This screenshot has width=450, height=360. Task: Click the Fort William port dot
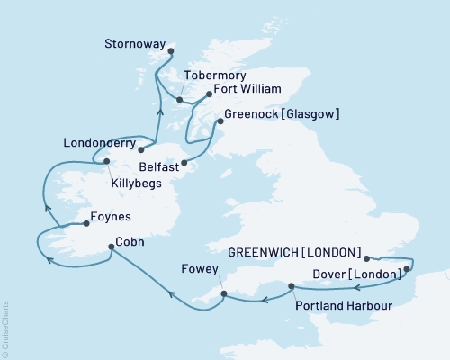(209, 94)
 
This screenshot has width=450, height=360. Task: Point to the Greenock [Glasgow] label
(283, 113)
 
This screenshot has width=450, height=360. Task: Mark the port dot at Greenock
(220, 120)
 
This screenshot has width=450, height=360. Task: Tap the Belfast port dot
(184, 163)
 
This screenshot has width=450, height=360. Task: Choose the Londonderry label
(99, 142)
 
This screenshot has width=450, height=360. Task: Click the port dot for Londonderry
(141, 149)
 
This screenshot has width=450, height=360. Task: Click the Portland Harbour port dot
(292, 286)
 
